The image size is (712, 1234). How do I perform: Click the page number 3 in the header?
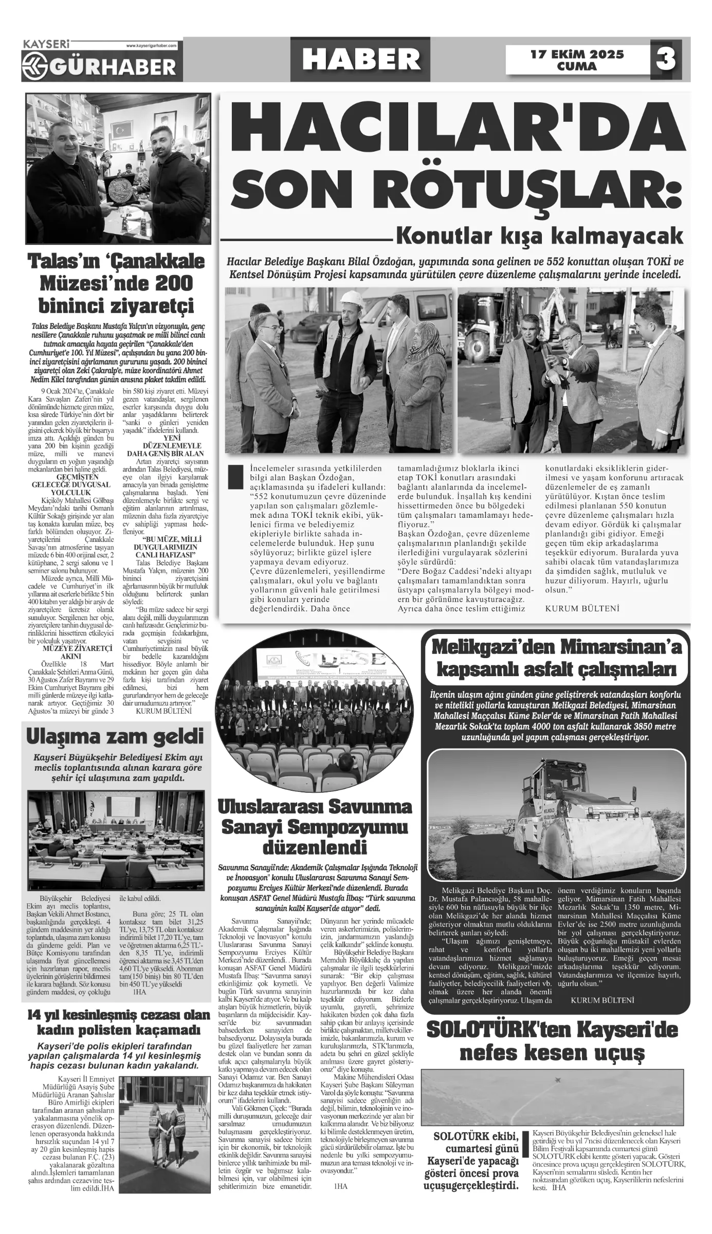pyautogui.click(x=666, y=60)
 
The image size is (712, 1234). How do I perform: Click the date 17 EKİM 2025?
pyautogui.click(x=577, y=54)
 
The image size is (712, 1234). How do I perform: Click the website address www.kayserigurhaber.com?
pyautogui.click(x=151, y=46)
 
